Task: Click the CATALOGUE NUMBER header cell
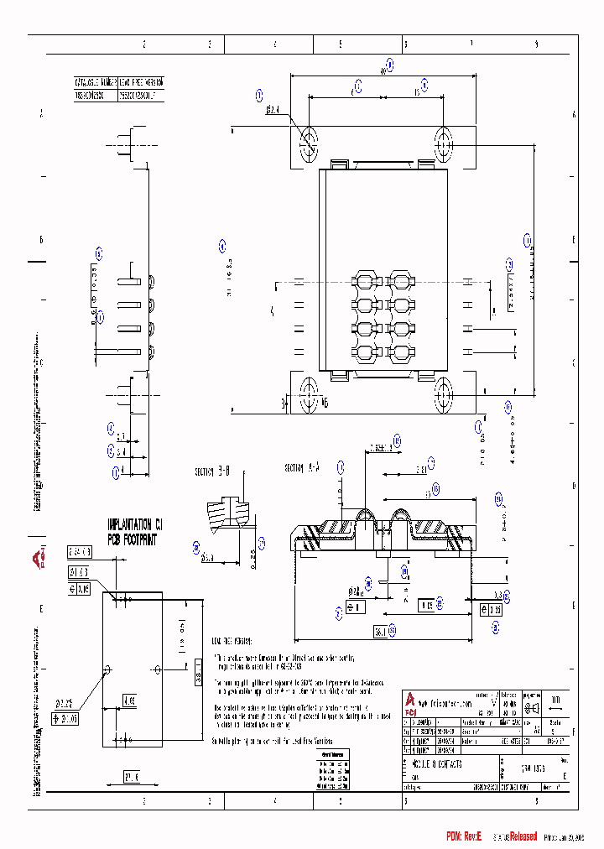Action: pos(94,83)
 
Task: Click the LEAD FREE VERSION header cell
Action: pos(141,83)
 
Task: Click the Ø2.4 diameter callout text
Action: pos(273,109)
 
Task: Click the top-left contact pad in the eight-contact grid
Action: pos(365,280)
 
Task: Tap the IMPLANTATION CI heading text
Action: pos(134,523)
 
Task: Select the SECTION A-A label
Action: pos(303,467)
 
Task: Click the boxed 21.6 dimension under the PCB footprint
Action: pos(132,774)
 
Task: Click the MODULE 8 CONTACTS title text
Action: pos(437,766)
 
